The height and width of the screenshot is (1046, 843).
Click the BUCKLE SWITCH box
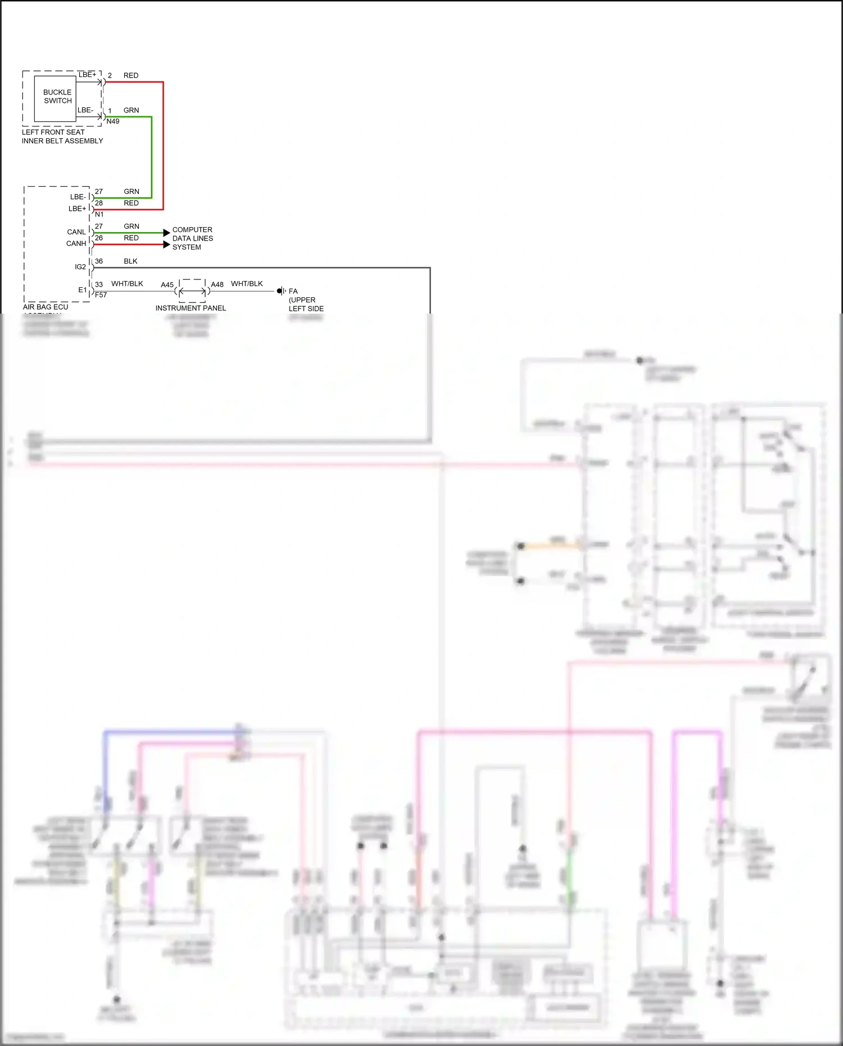(x=55, y=98)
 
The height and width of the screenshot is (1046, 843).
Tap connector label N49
(x=113, y=121)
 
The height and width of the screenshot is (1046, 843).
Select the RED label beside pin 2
(x=131, y=75)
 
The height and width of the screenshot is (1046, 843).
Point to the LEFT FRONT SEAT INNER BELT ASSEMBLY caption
(x=62, y=137)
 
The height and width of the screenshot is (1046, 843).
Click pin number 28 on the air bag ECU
(x=99, y=203)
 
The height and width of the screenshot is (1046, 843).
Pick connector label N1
(x=99, y=214)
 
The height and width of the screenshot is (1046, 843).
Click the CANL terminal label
(x=76, y=232)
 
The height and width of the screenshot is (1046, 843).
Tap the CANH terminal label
(x=76, y=243)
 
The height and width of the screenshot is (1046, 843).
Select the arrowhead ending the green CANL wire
(x=166, y=233)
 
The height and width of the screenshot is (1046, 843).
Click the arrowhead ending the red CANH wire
(x=166, y=244)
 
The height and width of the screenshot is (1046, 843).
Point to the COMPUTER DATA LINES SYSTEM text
(x=192, y=238)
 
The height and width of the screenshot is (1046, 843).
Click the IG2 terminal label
(x=80, y=267)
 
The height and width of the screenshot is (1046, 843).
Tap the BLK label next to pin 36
(x=130, y=261)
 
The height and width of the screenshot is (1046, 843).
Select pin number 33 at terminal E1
(x=99, y=284)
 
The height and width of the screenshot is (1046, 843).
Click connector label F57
(x=101, y=295)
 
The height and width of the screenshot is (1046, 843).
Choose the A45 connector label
(x=167, y=285)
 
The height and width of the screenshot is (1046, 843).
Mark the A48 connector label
(x=217, y=285)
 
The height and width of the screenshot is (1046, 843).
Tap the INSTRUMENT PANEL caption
(x=191, y=308)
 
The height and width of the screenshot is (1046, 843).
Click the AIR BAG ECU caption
(x=46, y=307)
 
